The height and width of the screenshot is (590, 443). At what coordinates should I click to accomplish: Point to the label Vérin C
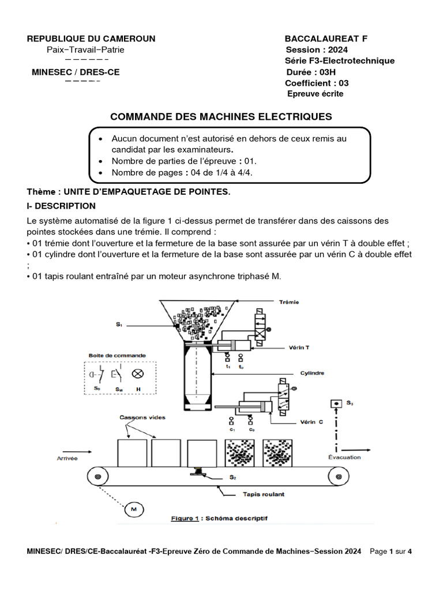311,422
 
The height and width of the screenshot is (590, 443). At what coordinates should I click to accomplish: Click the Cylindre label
311,373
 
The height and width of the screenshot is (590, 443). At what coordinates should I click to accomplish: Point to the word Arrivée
67,459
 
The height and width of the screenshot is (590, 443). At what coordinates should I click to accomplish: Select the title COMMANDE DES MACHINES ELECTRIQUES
221,116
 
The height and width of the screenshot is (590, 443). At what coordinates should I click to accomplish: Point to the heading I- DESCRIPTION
61,206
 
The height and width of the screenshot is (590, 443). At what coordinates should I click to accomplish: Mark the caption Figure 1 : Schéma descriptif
219,519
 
